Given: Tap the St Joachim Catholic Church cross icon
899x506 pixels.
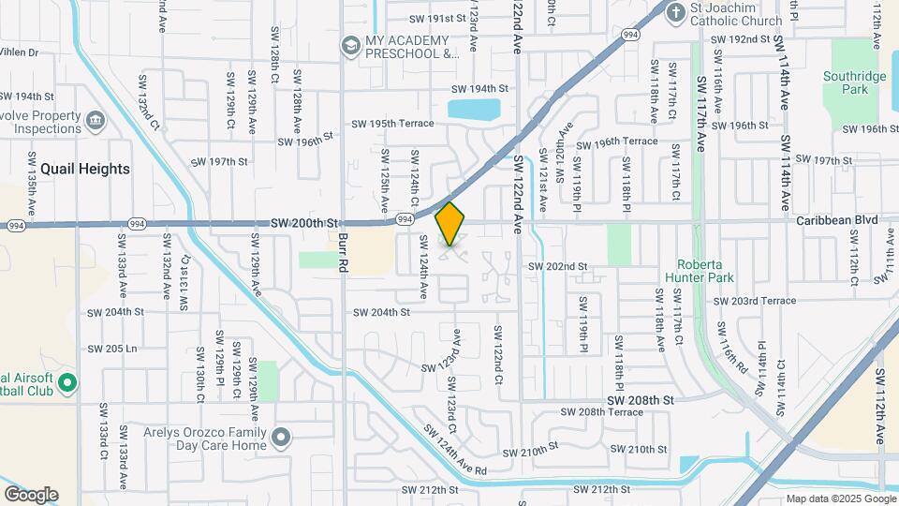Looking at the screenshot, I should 675,12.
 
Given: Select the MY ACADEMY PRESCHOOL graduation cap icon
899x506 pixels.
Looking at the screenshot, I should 350,45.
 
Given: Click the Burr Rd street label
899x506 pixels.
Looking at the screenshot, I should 345,251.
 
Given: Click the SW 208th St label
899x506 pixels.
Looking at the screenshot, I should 640,399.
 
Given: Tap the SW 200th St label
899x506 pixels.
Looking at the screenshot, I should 303,224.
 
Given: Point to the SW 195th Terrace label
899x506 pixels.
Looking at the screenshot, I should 392,124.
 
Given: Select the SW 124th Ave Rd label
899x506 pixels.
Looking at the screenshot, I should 455,450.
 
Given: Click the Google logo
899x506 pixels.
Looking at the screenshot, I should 31,495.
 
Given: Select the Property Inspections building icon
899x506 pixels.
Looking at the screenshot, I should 95,121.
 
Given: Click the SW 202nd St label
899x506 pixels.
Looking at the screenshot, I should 557,266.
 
